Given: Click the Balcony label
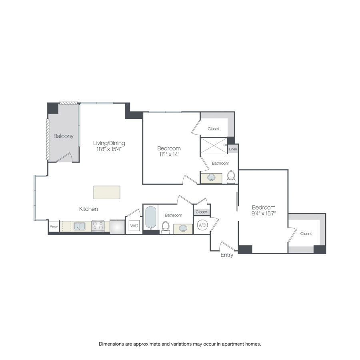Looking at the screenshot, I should click(64, 136).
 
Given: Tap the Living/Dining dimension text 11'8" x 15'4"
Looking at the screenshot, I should click(109, 149).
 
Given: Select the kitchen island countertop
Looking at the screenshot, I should click(107, 192).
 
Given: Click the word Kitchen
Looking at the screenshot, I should click(88, 209).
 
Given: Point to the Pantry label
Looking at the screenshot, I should click(54, 226).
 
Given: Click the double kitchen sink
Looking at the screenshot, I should click(79, 226).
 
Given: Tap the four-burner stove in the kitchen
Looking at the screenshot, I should click(98, 226).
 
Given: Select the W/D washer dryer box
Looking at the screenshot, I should click(134, 226).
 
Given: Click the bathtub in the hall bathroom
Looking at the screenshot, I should click(151, 218).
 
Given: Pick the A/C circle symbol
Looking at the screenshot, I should click(202, 225).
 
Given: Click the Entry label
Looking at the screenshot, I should click(227, 255).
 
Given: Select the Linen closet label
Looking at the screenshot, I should click(233, 149).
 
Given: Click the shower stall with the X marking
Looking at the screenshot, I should click(214, 146).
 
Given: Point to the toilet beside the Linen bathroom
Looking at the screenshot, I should click(231, 177).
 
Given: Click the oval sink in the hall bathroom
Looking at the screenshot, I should click(183, 228).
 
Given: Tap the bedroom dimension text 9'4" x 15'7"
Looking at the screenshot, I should click(264, 214).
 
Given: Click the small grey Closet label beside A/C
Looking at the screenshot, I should click(202, 212).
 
